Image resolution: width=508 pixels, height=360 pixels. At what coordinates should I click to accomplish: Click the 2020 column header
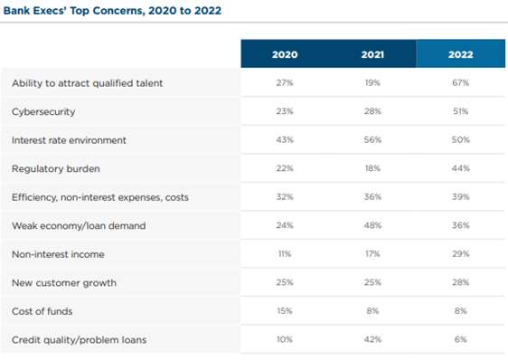tap(285, 53)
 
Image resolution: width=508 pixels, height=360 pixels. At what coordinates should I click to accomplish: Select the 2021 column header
tap(372, 53)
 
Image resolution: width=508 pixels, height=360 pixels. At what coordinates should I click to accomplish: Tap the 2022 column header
tap(460, 53)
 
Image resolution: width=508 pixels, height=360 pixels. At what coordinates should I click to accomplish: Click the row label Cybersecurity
tap(42, 112)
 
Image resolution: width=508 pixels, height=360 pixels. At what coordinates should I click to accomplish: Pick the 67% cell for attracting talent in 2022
tap(460, 83)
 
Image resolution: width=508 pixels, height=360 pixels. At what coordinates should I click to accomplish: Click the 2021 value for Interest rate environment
tap(372, 140)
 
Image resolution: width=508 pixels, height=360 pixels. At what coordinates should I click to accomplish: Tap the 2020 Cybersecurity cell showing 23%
tap(285, 112)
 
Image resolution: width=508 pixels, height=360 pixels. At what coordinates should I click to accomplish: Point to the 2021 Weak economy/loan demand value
tap(372, 225)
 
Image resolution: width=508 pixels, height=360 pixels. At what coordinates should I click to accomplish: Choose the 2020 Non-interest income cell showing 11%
tap(285, 254)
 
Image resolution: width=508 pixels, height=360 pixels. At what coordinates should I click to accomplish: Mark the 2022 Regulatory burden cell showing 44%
tap(460, 169)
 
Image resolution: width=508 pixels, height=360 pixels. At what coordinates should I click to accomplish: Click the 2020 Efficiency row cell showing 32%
tap(285, 197)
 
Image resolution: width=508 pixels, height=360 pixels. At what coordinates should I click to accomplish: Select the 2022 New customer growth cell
tap(460, 282)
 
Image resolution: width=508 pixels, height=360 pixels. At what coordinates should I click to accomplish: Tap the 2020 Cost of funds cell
tap(285, 310)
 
